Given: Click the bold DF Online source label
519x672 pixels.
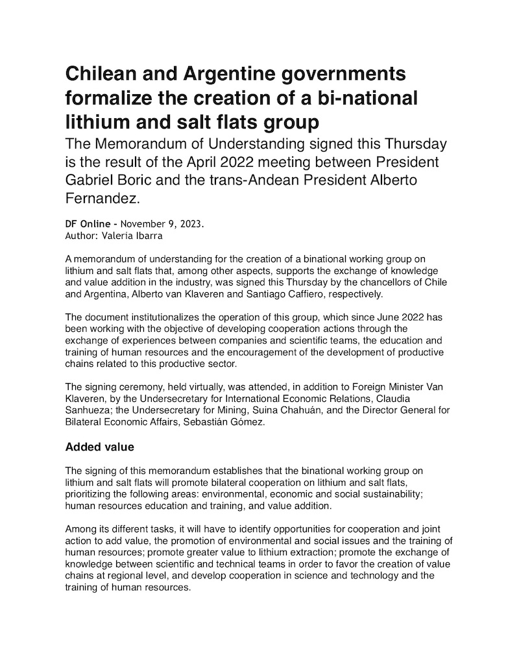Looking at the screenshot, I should tap(89, 224).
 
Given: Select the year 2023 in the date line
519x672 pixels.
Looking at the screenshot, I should tap(189, 224).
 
